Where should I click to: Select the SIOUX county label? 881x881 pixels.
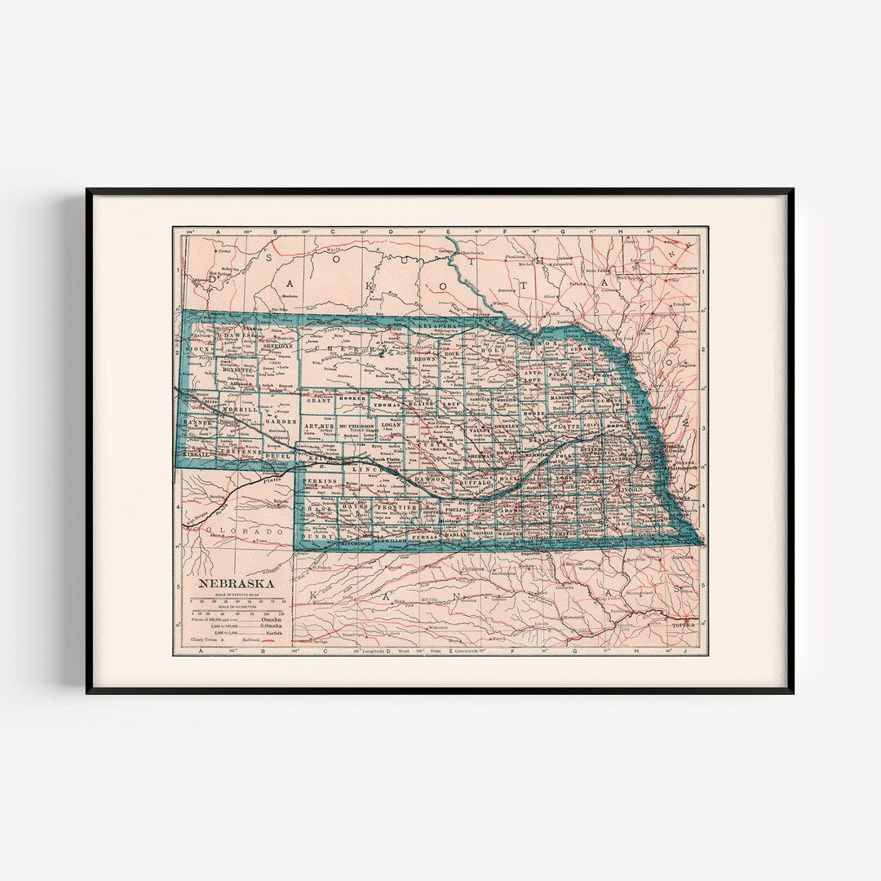198,348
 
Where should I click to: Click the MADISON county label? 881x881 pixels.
562,397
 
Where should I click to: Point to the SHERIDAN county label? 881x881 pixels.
277,346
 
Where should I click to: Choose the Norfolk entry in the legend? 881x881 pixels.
272,631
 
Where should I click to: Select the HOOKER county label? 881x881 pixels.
352,397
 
